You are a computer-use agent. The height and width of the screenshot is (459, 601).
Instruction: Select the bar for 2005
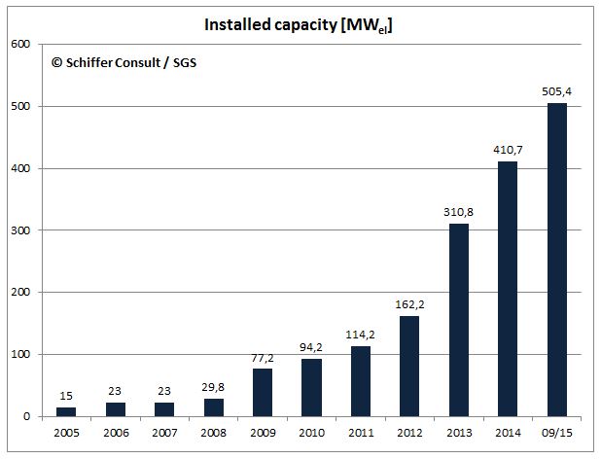click(66, 411)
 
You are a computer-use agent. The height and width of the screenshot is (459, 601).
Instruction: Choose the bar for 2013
click(459, 320)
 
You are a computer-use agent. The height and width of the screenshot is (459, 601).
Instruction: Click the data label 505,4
click(557, 90)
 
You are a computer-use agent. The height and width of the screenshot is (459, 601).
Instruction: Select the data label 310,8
click(459, 211)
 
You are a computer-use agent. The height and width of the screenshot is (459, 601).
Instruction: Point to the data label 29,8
click(214, 385)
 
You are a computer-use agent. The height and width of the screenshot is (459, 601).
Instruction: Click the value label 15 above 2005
click(66, 395)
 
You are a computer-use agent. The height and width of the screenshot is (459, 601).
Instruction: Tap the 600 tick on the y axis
click(20, 44)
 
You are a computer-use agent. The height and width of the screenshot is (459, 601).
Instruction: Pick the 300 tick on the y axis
click(20, 230)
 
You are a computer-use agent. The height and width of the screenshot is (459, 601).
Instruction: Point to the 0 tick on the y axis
click(26, 417)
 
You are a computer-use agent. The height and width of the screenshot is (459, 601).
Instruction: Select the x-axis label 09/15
click(557, 434)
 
